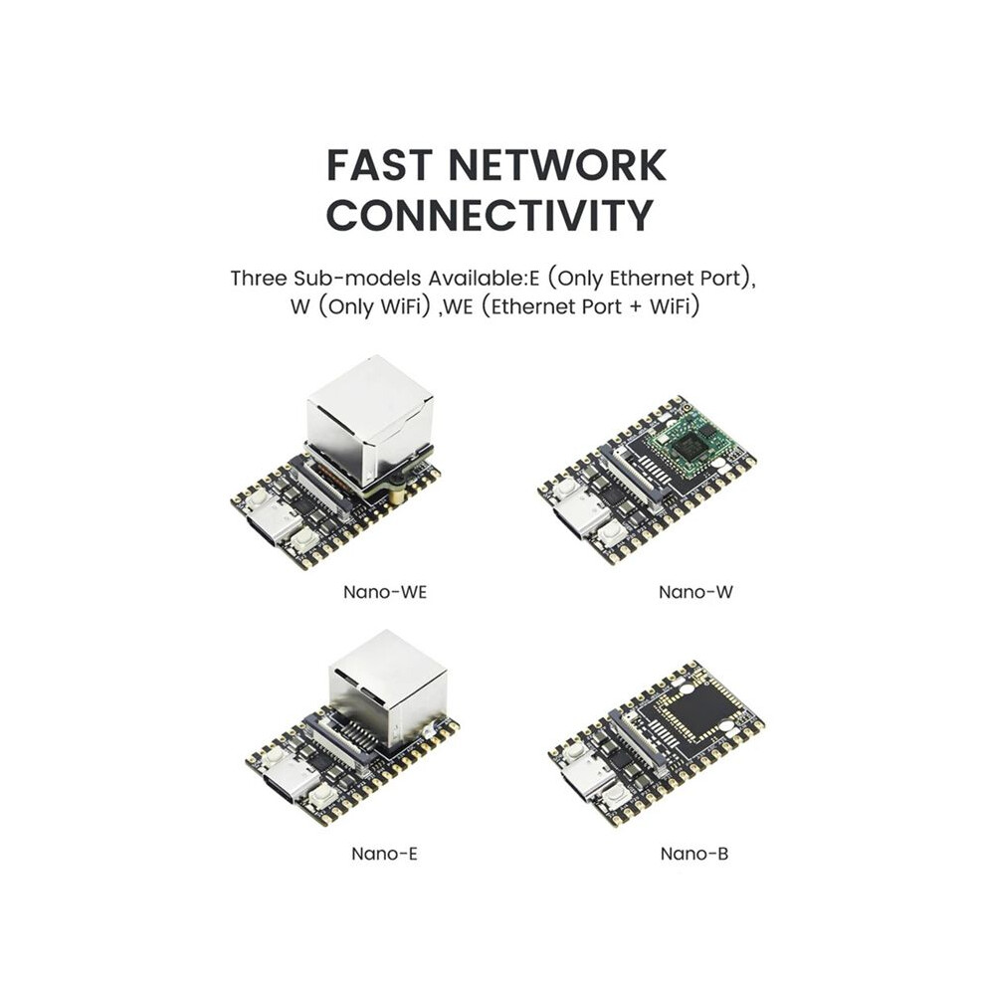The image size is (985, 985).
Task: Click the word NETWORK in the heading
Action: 557,165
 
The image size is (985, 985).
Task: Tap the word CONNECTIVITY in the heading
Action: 490,216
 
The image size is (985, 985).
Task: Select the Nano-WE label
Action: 384,592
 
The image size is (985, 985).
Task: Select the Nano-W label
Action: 695,592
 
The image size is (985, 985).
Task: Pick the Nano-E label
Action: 384,854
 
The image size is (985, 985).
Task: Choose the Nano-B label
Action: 694,854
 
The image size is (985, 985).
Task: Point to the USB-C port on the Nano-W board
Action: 580,518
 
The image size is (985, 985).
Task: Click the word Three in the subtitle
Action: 259,279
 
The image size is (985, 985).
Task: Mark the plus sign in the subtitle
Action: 637,307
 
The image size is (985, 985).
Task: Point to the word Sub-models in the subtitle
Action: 357,279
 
